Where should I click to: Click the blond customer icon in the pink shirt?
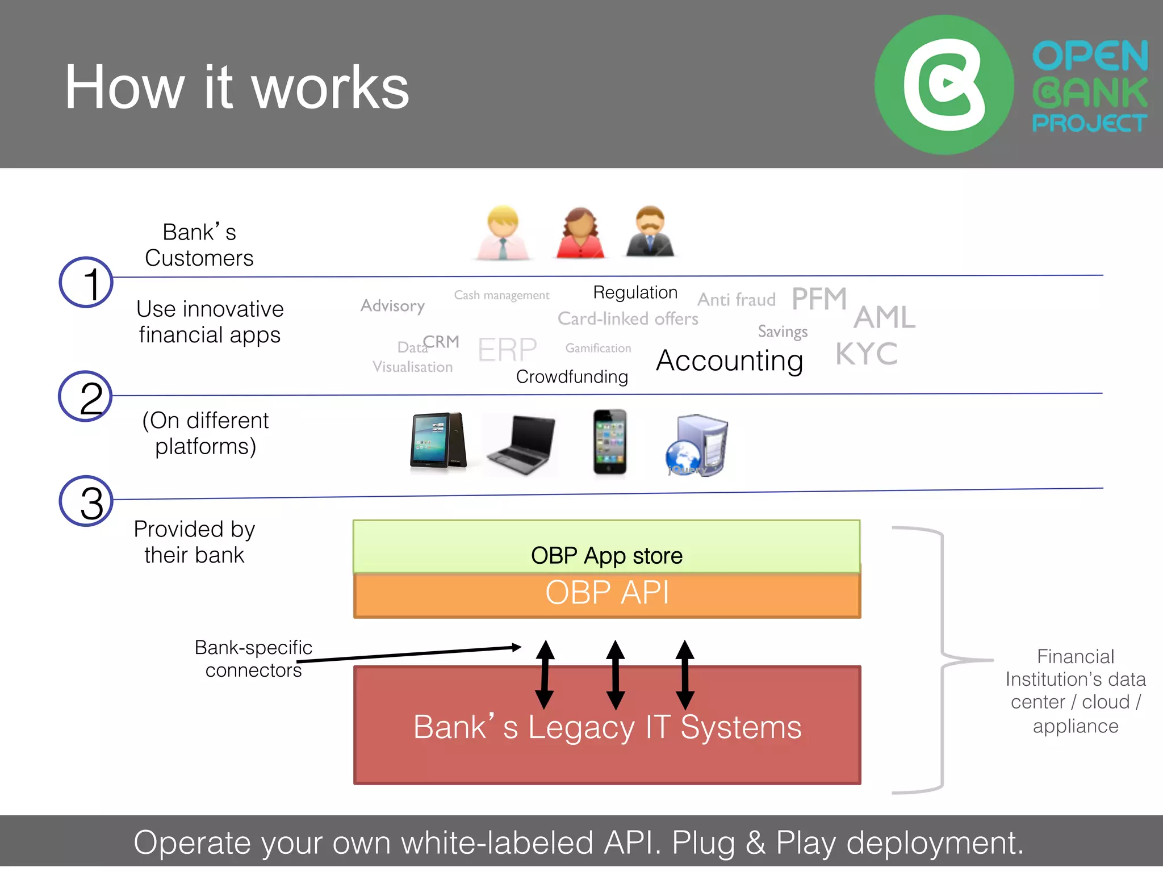[x=503, y=233]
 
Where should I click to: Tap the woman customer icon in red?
[x=580, y=233]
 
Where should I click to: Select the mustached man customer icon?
[x=650, y=232]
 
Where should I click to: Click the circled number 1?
[x=86, y=282]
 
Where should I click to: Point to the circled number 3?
[x=86, y=501]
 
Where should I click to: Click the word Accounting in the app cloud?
[x=729, y=360]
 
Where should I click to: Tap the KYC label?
[x=866, y=354]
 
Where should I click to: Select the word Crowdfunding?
[x=572, y=376]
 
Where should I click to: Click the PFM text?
[x=819, y=299]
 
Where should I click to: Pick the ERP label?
[x=507, y=349]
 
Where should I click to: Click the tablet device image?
[x=438, y=441]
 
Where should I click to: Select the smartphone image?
[x=609, y=442]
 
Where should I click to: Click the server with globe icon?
[x=697, y=446]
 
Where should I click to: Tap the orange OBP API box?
[x=606, y=594]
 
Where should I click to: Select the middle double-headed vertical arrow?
[x=615, y=674]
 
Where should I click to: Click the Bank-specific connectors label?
[x=253, y=659]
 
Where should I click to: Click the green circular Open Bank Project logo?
[x=944, y=85]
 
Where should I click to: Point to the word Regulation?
[x=635, y=292]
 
